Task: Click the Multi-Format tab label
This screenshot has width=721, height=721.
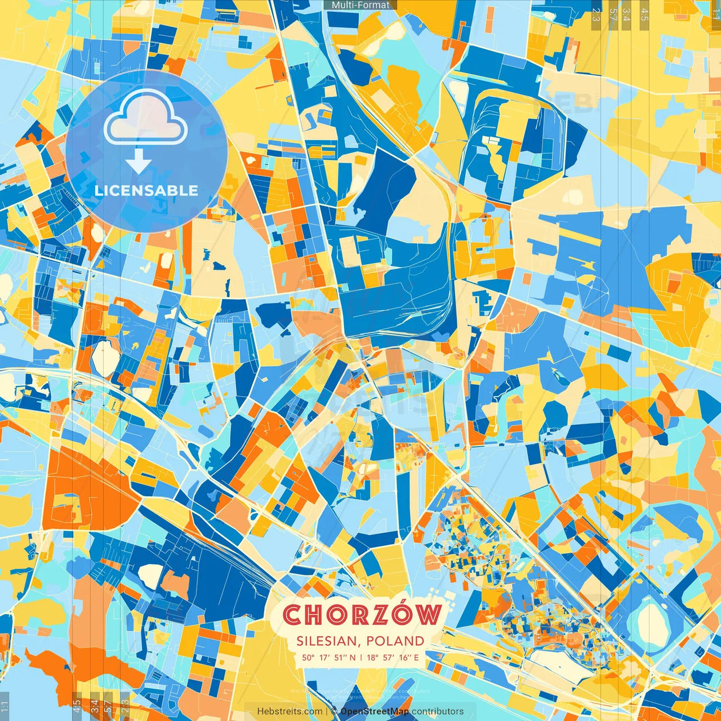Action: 360,5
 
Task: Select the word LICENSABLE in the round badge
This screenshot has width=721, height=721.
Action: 146,190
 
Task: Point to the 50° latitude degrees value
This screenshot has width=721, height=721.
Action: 308,657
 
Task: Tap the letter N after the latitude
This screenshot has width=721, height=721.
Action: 353,657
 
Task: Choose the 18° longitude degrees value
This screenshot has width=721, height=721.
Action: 372,657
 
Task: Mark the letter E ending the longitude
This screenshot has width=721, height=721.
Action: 416,657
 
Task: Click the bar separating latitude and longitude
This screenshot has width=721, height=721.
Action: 360,657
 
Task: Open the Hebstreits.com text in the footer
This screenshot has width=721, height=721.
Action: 290,711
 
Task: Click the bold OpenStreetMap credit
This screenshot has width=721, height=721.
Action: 375,711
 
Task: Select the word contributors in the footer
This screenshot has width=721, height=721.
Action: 438,711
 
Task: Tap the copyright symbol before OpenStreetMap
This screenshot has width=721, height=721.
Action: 335,711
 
